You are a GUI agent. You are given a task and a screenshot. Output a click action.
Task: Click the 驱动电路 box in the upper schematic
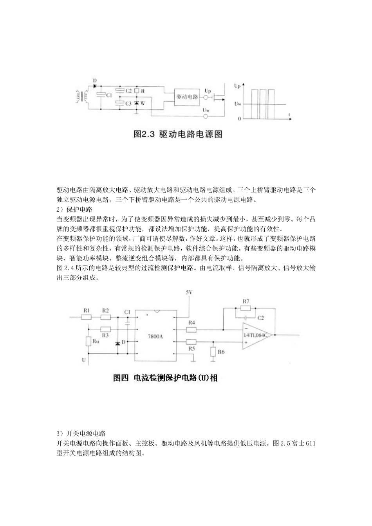click(187, 96)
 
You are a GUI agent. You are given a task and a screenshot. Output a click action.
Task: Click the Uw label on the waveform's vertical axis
click(237, 104)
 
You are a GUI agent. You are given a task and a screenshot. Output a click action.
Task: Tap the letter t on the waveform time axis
click(289, 114)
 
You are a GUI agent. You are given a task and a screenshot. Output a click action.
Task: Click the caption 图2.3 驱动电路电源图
click(178, 134)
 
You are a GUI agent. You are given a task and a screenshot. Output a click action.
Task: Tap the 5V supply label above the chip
click(189, 292)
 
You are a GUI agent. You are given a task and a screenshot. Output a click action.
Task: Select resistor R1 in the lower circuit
click(87, 317)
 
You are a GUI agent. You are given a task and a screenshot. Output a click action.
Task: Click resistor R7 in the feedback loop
click(246, 308)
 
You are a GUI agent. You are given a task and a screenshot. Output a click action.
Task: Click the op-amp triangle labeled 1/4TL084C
click(256, 335)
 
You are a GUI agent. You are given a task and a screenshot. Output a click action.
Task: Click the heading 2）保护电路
click(74, 209)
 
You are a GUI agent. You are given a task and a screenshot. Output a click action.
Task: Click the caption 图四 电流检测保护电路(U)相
click(165, 378)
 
